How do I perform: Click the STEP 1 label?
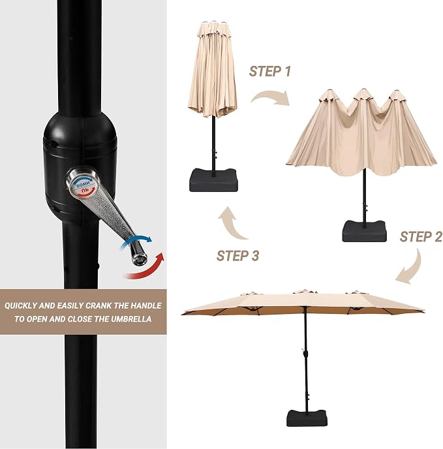269,71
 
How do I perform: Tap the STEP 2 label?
421,237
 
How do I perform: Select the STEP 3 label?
237,256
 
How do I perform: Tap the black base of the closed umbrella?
213,180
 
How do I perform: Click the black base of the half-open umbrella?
364,231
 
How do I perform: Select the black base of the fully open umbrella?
307,418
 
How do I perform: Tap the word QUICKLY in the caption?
21,306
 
